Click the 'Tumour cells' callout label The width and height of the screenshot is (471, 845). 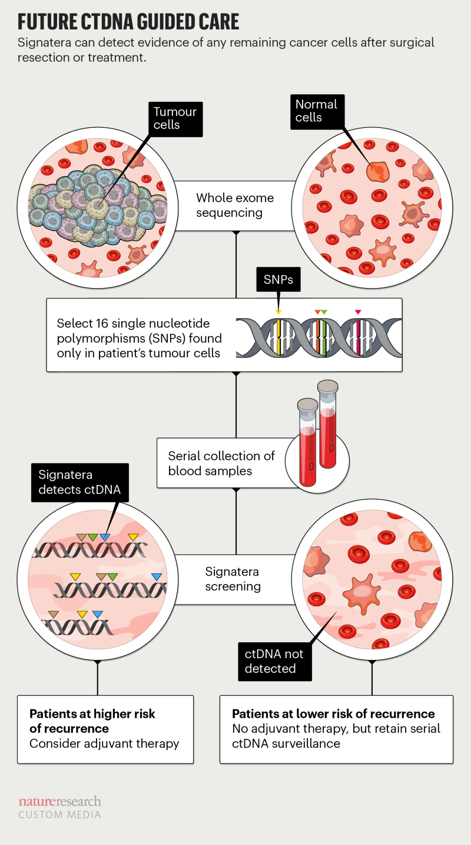(175, 118)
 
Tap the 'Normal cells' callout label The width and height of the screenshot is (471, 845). (316, 111)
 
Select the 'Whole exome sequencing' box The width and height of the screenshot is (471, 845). (235, 205)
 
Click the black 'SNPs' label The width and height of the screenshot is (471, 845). (278, 279)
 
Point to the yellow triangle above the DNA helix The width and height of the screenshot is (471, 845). (278, 311)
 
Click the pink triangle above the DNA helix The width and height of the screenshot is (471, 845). (357, 311)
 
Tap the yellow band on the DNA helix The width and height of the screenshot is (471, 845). (278, 338)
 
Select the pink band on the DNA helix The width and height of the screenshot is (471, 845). (357, 338)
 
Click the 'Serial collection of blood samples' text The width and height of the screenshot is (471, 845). (221, 463)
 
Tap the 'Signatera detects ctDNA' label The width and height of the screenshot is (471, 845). (79, 481)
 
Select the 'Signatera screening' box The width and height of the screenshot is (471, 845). (233, 579)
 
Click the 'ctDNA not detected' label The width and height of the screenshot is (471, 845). (270, 661)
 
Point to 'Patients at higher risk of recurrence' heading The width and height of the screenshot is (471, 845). (92, 721)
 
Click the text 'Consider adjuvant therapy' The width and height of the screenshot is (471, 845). (104, 743)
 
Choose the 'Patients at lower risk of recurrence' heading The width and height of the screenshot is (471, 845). (333, 714)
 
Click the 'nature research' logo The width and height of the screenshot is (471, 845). (59, 801)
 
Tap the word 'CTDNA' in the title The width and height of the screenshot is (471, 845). (121, 22)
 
